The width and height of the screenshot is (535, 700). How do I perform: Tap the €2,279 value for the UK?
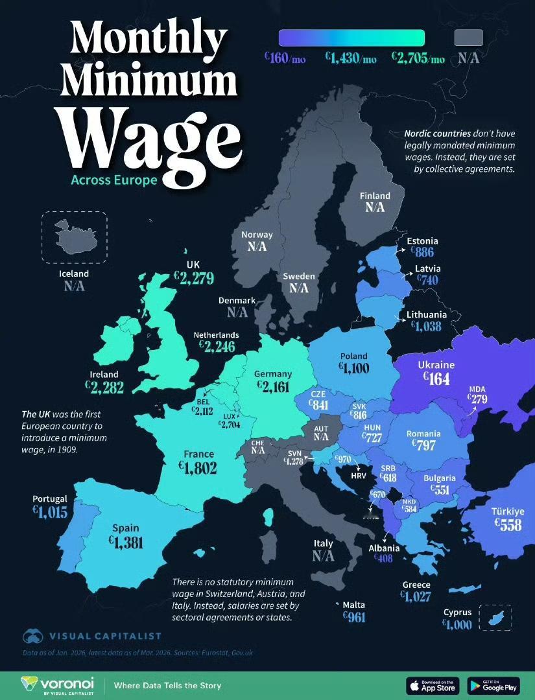[193, 278]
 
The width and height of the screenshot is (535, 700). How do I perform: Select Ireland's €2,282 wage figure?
[104, 387]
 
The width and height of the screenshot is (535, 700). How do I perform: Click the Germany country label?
[273, 374]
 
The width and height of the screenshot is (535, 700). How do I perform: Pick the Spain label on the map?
[125, 528]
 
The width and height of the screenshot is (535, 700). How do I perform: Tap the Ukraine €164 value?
[435, 379]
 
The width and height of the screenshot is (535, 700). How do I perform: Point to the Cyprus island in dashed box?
[496, 617]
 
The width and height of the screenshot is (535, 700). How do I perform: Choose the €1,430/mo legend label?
[350, 59]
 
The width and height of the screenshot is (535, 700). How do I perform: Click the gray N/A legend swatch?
[469, 38]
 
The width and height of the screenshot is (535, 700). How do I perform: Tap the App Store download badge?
[432, 685]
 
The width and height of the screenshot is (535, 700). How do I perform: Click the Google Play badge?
[493, 685]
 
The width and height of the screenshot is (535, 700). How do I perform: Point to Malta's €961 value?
[354, 617]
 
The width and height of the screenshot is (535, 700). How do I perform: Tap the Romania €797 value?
[423, 445]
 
